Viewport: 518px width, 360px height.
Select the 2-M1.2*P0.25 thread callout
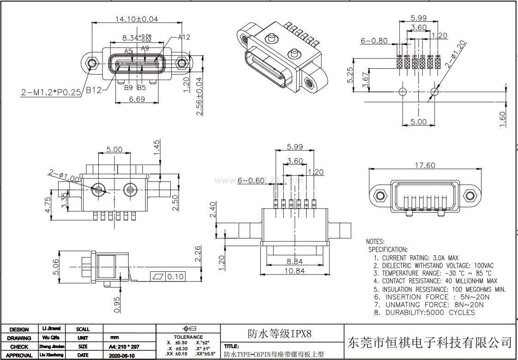pyautogui.click(x=51, y=92)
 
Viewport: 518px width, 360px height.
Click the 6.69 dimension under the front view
pyautogui.click(x=137, y=99)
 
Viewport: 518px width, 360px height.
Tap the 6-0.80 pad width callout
pyautogui.click(x=374, y=41)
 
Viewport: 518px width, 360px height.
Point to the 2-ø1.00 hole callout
pyautogui.click(x=63, y=174)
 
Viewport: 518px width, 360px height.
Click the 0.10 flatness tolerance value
pyautogui.click(x=175, y=277)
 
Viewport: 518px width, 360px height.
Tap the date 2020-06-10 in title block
pyautogui.click(x=122, y=356)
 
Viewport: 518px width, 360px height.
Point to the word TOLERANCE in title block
pyautogui.click(x=188, y=337)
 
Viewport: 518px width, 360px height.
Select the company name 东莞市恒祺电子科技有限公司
pyautogui.click(x=430, y=342)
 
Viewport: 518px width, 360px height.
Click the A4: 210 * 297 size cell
pyautogui.click(x=124, y=347)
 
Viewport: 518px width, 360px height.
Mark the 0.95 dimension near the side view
pyautogui.click(x=117, y=304)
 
